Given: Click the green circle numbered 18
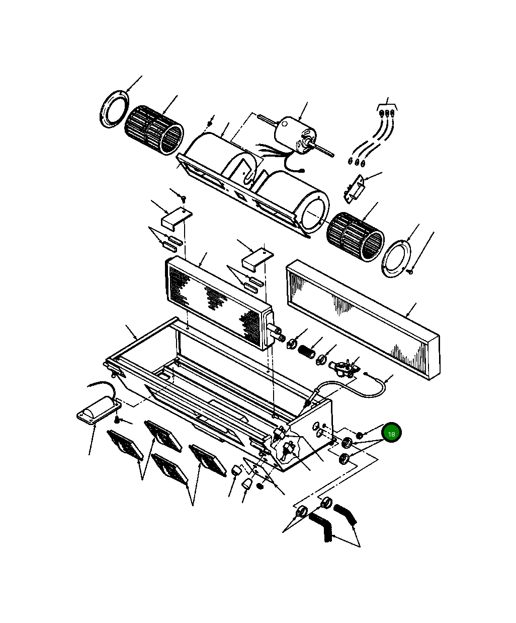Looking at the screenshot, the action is tap(391, 433).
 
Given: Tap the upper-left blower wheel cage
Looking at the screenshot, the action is tap(154, 130).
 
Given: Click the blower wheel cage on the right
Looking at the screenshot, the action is tap(355, 237).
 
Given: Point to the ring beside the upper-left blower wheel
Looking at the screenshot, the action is tap(114, 109).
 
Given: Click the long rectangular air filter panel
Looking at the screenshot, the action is tap(363, 319).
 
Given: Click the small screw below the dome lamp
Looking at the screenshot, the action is tap(117, 420).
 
